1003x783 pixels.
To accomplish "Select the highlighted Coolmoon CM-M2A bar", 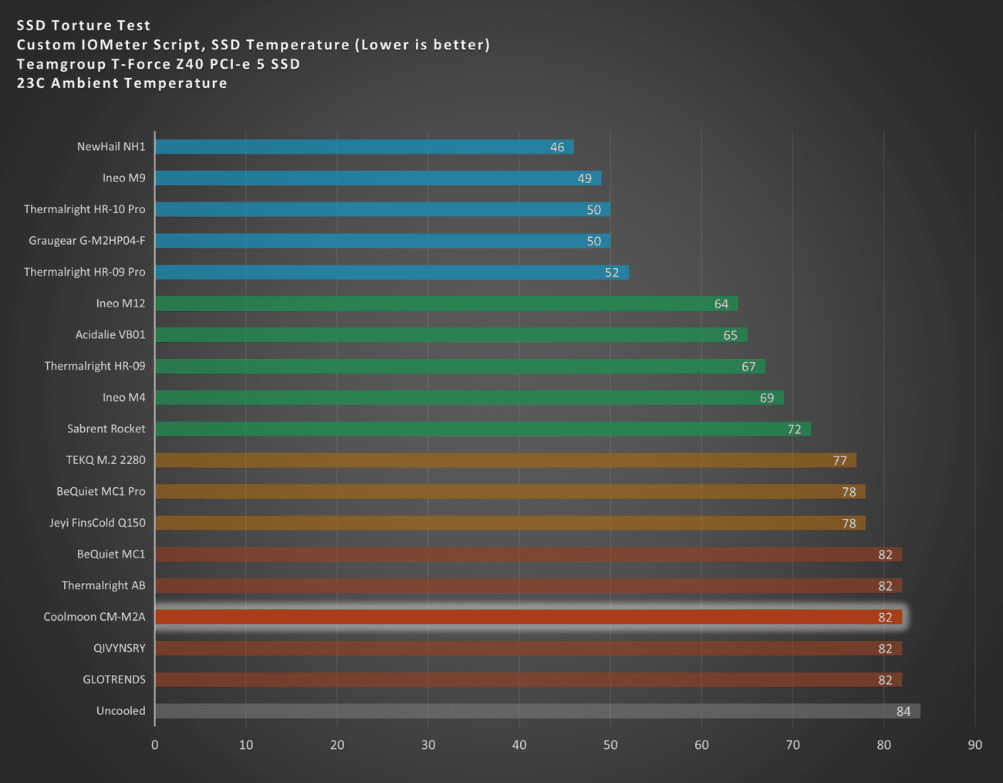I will point(525,617).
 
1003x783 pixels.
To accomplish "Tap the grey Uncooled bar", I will point(532,711).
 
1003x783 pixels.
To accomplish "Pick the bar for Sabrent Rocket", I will point(478,429).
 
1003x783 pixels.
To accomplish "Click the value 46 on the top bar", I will point(557,147).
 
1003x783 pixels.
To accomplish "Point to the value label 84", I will point(903,711).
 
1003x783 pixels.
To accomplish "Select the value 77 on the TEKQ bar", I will point(839,461).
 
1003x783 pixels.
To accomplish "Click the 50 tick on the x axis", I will point(610,745).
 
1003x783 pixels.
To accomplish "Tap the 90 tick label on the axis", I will point(975,745).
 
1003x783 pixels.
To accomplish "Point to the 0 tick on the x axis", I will point(155,745).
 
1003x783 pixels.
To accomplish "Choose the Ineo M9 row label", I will point(123,178).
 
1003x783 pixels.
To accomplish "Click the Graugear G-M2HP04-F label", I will point(86,241).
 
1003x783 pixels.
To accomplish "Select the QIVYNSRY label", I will point(119,649).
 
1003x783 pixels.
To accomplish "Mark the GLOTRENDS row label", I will point(113,680).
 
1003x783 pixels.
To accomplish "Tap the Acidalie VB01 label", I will point(110,335).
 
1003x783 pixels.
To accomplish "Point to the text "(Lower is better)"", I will point(422,45).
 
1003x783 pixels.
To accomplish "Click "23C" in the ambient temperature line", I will point(31,83).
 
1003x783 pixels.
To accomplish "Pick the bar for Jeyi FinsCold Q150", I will point(509,524).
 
